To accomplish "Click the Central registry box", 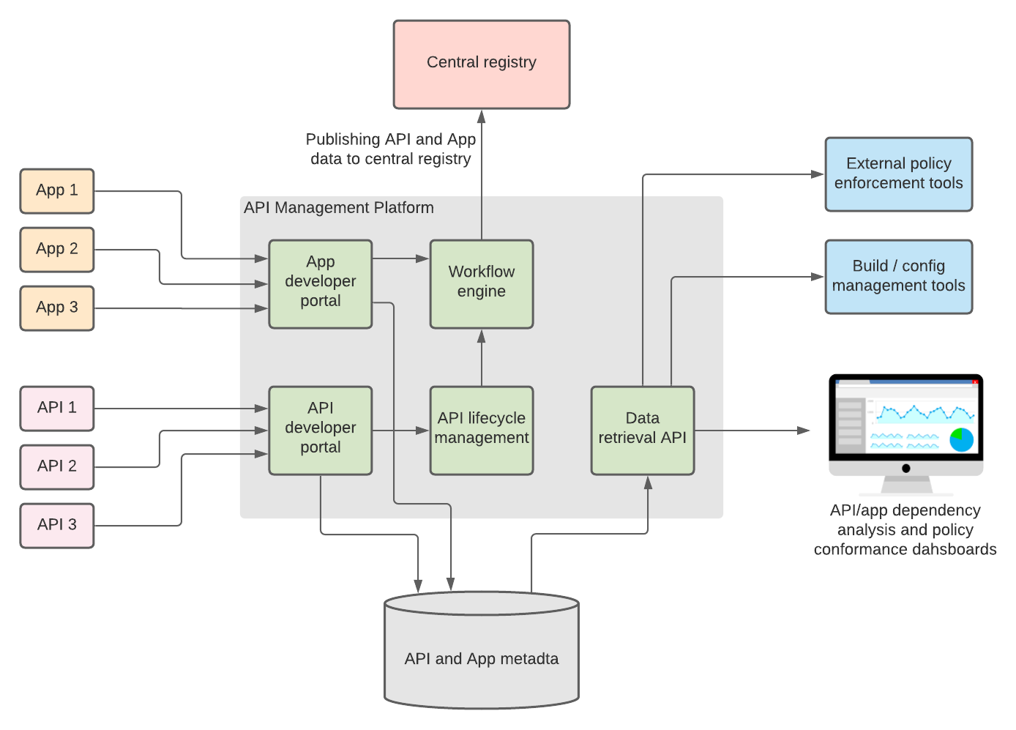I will (x=481, y=64).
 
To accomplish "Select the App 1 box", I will (x=57, y=191).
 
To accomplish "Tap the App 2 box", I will (x=57, y=250).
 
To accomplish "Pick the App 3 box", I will (x=57, y=308).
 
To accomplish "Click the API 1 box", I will (x=57, y=409).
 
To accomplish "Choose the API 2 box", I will (x=57, y=467).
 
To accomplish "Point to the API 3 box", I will (x=57, y=526).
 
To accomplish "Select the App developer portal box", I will (x=320, y=284).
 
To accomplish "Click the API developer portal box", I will (x=320, y=431).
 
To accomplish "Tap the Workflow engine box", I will (x=481, y=284).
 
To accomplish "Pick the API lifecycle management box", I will (x=481, y=431).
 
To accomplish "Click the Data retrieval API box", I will (x=642, y=431).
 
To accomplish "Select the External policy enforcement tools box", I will (x=898, y=174).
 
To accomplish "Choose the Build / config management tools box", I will (x=898, y=277).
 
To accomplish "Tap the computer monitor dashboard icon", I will (x=905, y=432).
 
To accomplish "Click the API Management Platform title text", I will (x=338, y=208).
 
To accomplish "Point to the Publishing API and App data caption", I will (x=391, y=149).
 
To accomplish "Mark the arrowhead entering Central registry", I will (x=481, y=116).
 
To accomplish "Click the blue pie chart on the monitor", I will (x=961, y=439).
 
